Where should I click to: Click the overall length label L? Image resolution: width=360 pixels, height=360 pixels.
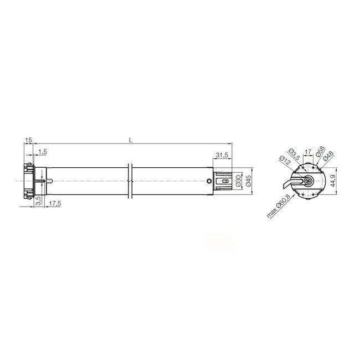(x=130, y=141)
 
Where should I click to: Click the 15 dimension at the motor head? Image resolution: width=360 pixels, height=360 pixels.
(x=28, y=141)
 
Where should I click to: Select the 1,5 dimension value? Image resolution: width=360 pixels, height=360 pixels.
(x=43, y=152)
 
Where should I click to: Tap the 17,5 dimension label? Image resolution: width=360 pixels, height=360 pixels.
(x=54, y=204)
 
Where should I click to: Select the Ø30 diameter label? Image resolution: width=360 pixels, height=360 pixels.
(x=239, y=180)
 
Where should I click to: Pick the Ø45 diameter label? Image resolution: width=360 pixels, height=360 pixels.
(x=249, y=180)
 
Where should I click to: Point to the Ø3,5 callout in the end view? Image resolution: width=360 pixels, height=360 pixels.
(x=294, y=154)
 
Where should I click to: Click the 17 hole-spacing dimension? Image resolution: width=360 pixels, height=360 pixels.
(x=308, y=150)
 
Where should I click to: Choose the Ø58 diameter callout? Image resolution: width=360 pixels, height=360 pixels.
(x=320, y=155)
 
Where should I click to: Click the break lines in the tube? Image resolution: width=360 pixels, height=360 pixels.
(x=130, y=180)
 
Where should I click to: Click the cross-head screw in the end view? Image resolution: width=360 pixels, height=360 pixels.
(x=307, y=180)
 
